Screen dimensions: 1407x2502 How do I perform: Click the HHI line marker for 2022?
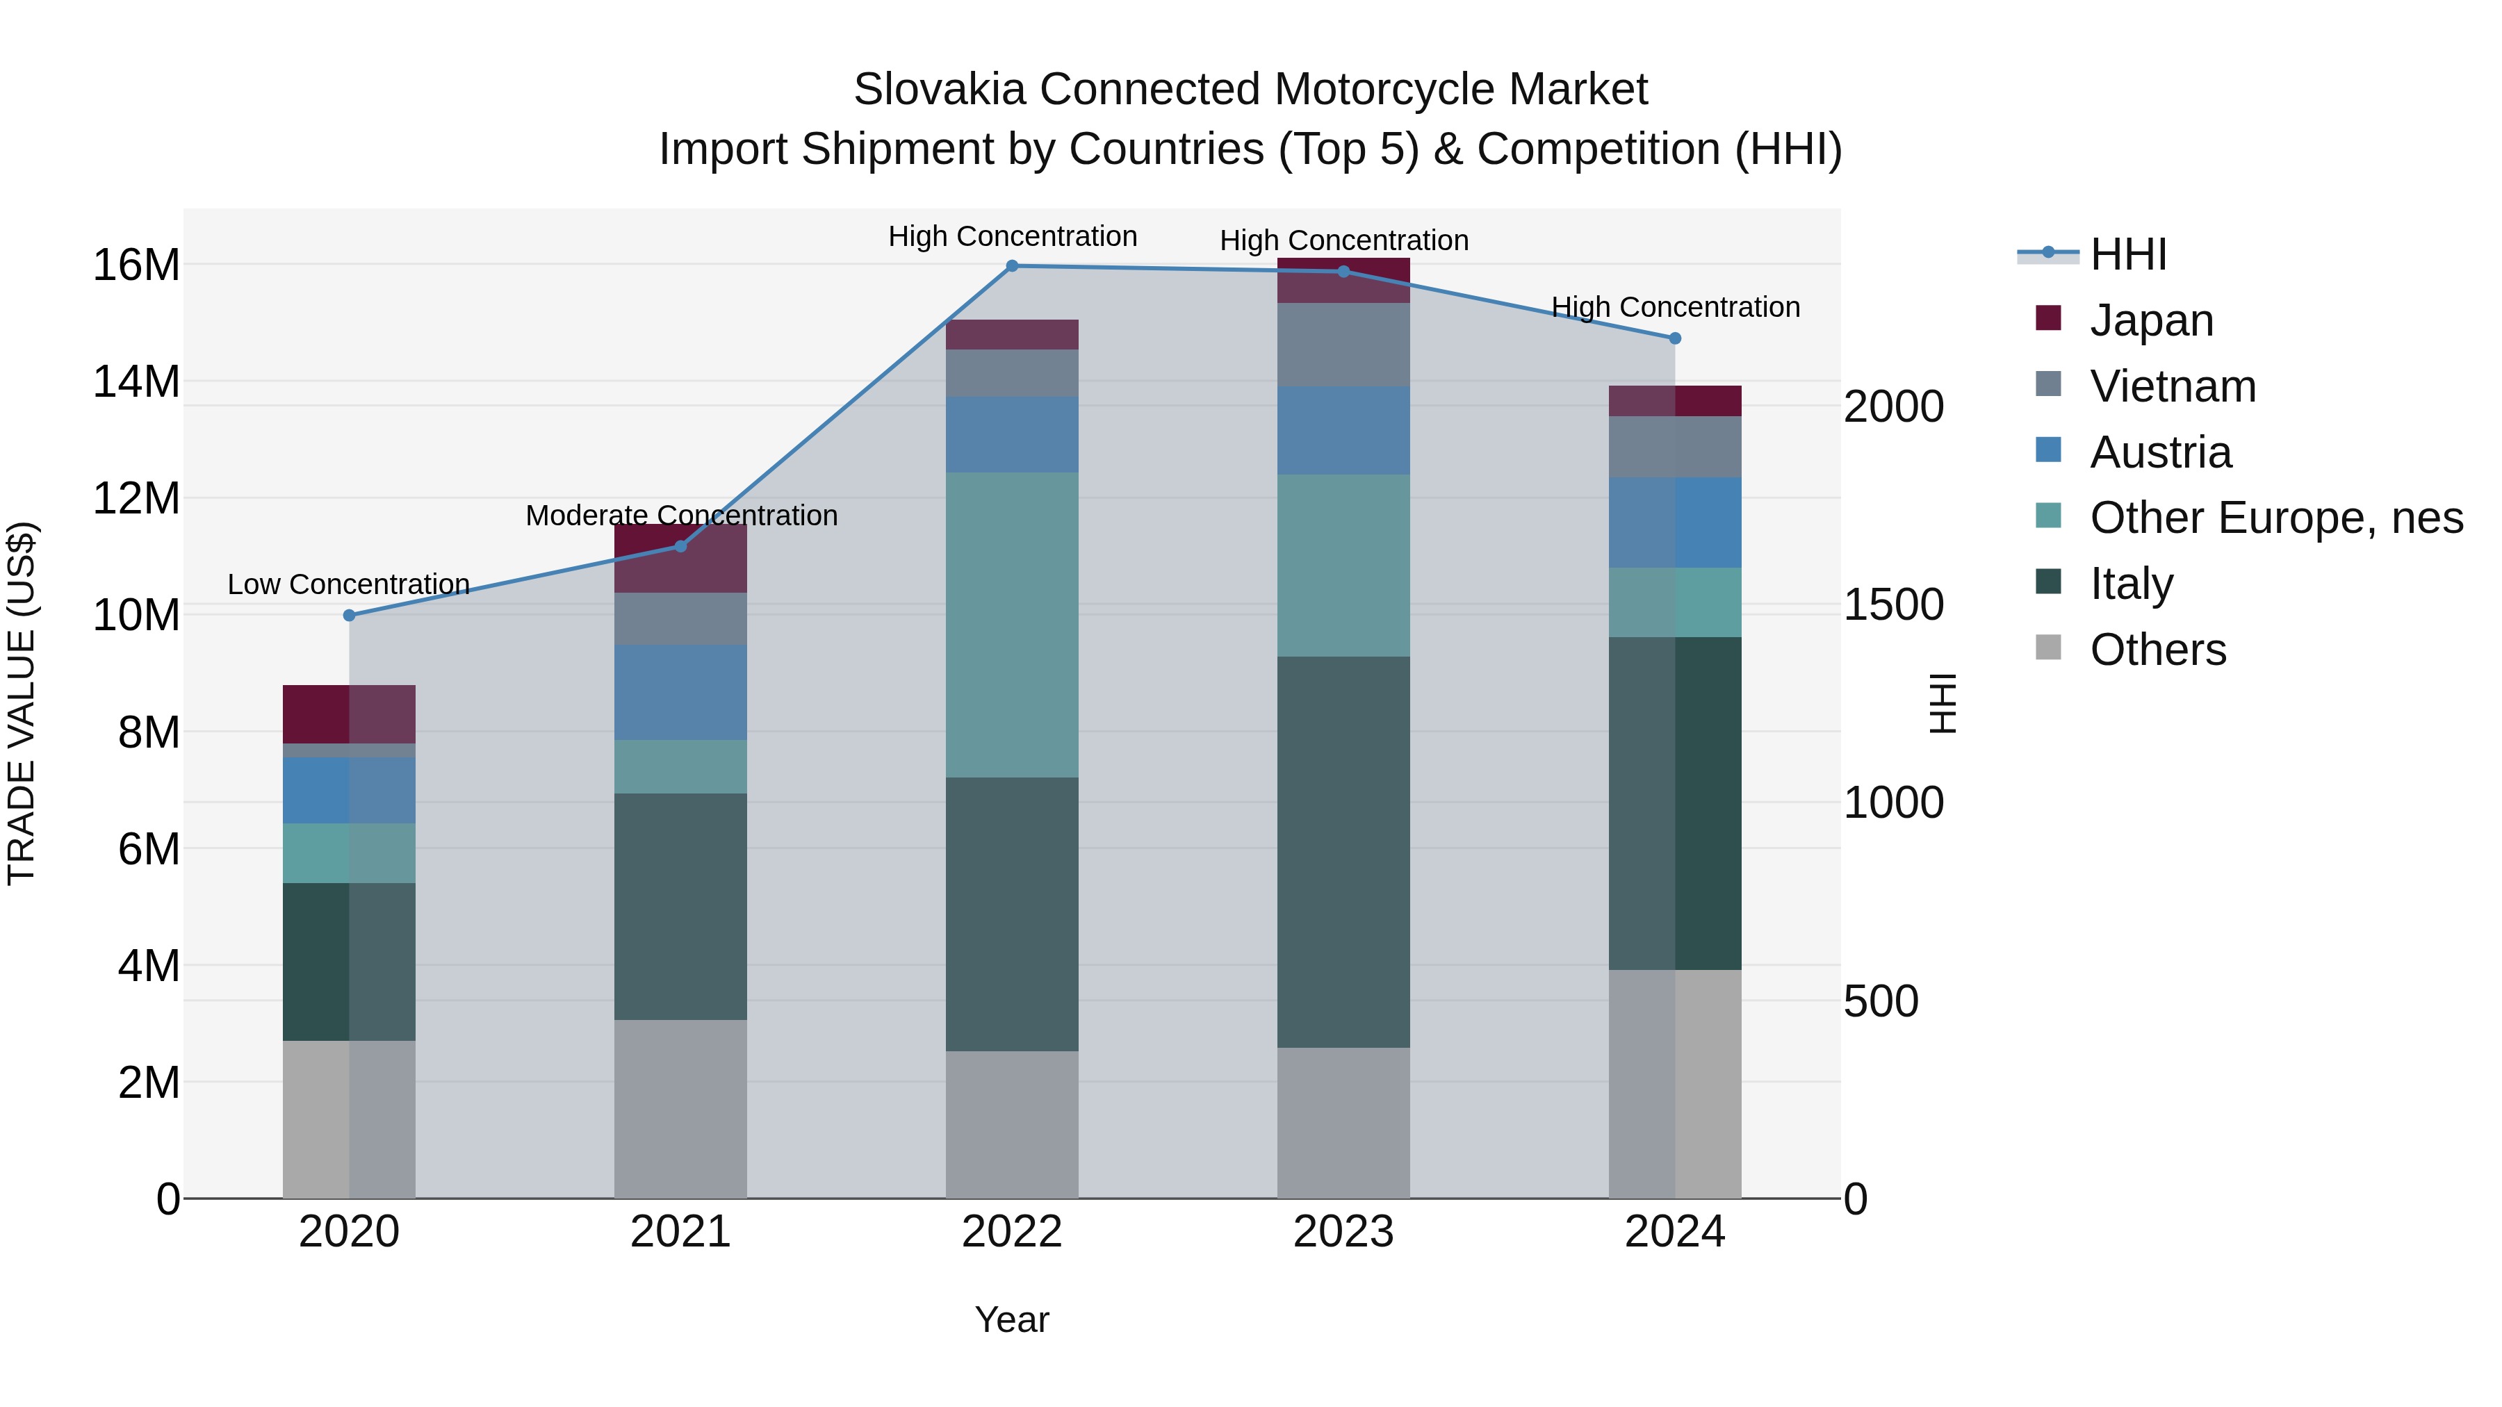[x=1012, y=266]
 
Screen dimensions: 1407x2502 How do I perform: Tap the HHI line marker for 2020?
[x=350, y=616]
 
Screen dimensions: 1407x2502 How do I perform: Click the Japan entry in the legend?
[x=2151, y=320]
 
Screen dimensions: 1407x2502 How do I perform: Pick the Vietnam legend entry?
[x=2173, y=386]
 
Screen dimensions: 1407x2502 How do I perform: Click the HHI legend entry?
[x=2127, y=254]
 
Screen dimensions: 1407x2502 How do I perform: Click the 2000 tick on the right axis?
[x=1893, y=407]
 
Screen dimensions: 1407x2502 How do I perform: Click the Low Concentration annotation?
[x=349, y=584]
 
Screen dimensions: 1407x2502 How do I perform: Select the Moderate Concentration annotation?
[x=681, y=516]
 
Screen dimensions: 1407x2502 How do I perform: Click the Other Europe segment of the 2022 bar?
[x=1012, y=625]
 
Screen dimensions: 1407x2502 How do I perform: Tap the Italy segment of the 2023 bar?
[x=1343, y=852]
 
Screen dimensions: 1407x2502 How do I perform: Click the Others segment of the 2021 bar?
[x=681, y=1108]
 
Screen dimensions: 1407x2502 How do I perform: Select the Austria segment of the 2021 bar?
[x=681, y=692]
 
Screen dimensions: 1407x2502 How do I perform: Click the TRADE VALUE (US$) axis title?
[x=22, y=703]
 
